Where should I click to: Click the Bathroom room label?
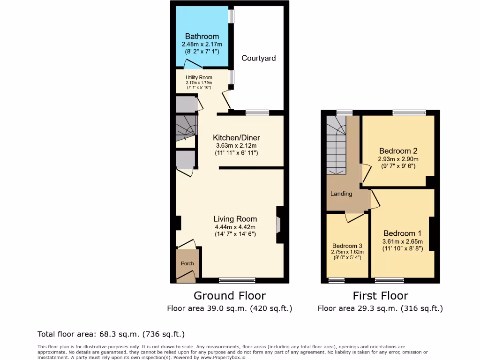coord(202,36)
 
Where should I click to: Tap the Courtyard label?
coord(258,58)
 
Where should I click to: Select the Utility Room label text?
coord(199,77)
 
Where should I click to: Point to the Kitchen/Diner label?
coord(236,138)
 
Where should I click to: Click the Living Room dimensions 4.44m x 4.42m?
coord(235,227)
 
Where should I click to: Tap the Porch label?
coord(187,263)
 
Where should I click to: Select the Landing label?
coord(341,194)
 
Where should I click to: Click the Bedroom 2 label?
coord(398,151)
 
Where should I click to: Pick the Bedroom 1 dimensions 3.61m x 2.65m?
coord(403,241)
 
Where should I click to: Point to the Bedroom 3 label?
coord(347,246)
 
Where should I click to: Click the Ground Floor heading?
coord(230,296)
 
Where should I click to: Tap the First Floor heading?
coord(380,296)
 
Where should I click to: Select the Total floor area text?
coord(111,334)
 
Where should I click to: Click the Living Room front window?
coord(237,280)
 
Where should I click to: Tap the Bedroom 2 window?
coord(409,112)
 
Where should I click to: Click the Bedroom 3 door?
coord(354,217)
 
